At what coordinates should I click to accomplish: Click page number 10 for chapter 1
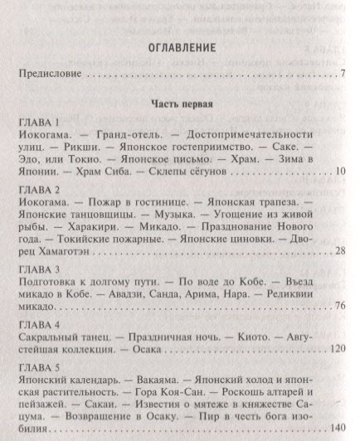(x=339, y=171)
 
